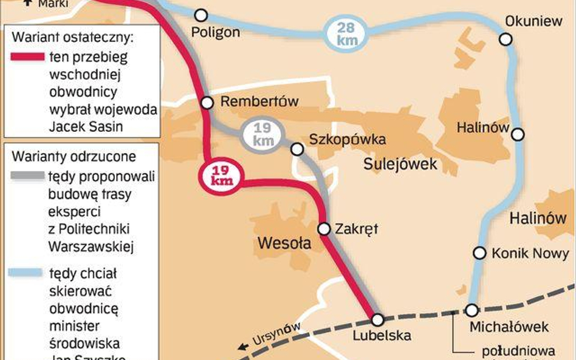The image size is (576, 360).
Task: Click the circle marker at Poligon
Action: point(201,15)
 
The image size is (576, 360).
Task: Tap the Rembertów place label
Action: point(259,101)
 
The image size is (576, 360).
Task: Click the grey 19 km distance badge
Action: point(262,135)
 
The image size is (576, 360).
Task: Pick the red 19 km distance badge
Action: point(222,176)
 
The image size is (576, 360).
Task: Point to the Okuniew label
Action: point(534,21)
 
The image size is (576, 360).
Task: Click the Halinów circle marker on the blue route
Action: point(518,134)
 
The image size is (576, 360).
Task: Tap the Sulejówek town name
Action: point(400,164)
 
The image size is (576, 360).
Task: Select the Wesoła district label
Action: point(284,243)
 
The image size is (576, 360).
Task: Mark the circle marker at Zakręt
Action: point(324,229)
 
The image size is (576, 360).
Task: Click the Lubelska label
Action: point(382,335)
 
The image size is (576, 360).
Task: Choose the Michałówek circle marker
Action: point(471,310)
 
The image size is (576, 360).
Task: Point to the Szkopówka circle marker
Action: point(297,149)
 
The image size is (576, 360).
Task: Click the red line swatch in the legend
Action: point(27,57)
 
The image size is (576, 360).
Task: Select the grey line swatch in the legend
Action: point(27,177)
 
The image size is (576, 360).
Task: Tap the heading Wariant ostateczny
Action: point(72,38)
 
